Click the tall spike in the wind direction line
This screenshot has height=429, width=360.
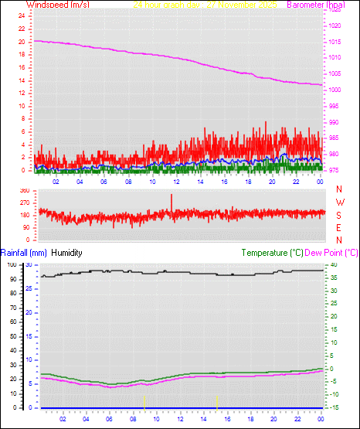click(x=172, y=199)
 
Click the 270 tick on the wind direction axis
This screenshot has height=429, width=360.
click(x=24, y=203)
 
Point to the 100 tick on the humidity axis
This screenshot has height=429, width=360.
click(x=11, y=264)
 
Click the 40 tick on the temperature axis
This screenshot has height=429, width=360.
click(x=332, y=264)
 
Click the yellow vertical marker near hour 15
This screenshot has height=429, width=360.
click(x=217, y=401)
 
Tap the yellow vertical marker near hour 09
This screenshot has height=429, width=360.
click(x=144, y=401)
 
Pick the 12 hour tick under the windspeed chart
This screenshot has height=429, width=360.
click(x=176, y=182)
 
